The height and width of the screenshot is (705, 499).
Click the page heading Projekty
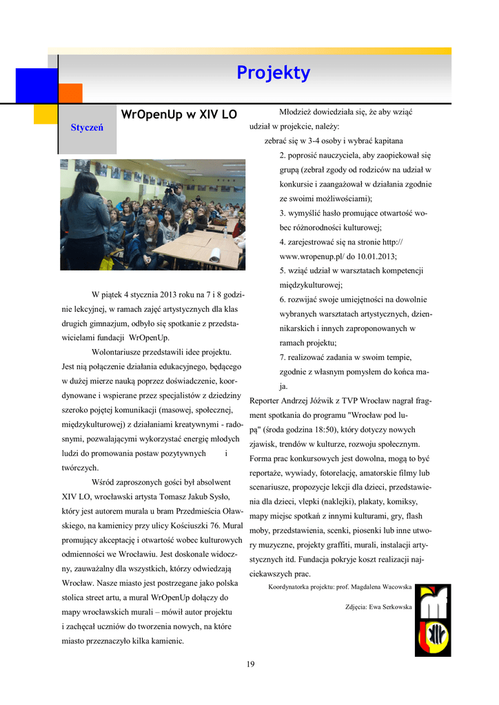coord(274,73)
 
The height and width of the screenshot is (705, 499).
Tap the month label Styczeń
coord(87,128)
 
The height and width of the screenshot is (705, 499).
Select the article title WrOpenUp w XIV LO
coord(179,114)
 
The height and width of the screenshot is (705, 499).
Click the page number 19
coord(250,664)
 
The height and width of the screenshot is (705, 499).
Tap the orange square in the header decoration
coord(70,93)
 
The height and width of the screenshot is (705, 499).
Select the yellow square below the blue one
coord(45,114)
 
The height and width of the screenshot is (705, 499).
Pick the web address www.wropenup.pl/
coord(311,256)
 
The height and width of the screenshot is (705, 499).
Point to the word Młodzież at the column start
coord(297,112)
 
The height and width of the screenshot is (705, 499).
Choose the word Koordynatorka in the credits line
coord(292,587)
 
